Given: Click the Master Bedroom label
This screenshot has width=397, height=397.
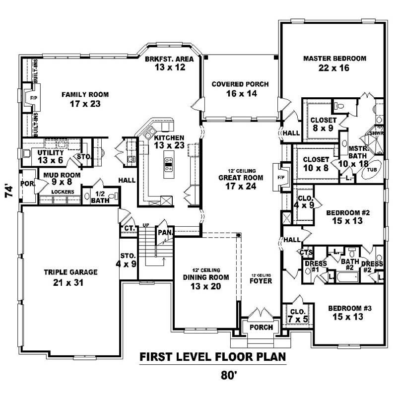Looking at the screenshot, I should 334,63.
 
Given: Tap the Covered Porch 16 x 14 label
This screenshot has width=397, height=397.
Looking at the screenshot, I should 240,89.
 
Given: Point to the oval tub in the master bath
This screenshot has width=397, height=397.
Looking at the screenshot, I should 372,169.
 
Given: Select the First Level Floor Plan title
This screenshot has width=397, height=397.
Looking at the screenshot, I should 212,357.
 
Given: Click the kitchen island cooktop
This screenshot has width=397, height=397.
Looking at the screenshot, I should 168,164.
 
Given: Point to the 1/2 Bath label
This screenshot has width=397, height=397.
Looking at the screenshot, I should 100,197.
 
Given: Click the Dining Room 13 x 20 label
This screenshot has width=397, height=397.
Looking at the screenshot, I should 205,281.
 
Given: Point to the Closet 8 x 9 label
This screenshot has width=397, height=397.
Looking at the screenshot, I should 323,124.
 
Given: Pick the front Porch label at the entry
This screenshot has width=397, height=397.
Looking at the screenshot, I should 261,327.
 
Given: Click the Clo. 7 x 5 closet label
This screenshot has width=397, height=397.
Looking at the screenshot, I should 297,316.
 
